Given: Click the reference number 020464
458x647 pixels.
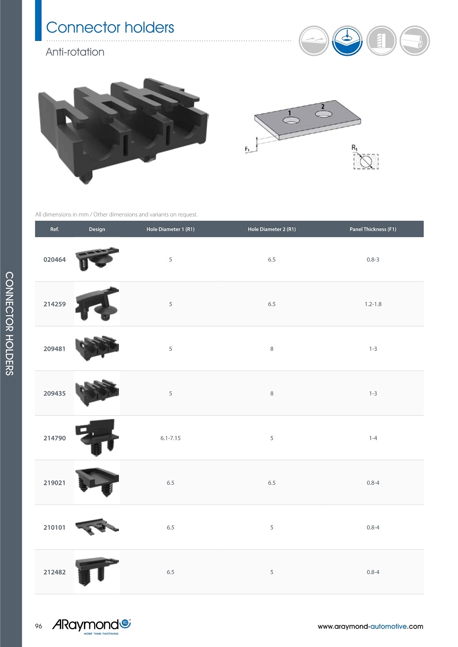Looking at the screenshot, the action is coord(54,259).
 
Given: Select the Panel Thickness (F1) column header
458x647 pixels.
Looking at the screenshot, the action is coord(373,229).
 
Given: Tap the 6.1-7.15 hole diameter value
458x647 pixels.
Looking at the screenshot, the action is coord(170,438).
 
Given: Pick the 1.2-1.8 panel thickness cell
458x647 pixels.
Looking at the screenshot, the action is coord(373,304).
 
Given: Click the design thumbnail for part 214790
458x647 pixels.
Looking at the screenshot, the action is coord(97,437).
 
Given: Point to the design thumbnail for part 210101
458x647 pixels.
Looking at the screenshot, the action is coord(97,527).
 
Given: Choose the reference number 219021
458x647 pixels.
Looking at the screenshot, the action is coord(54,483).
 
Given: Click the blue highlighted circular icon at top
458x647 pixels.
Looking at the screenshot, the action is coord(347,40).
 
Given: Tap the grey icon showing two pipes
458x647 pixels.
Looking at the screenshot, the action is coord(415,40).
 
